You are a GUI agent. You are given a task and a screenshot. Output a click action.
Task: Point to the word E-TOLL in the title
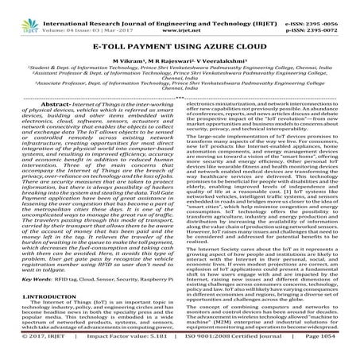pyautogui.click(x=120, y=49)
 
